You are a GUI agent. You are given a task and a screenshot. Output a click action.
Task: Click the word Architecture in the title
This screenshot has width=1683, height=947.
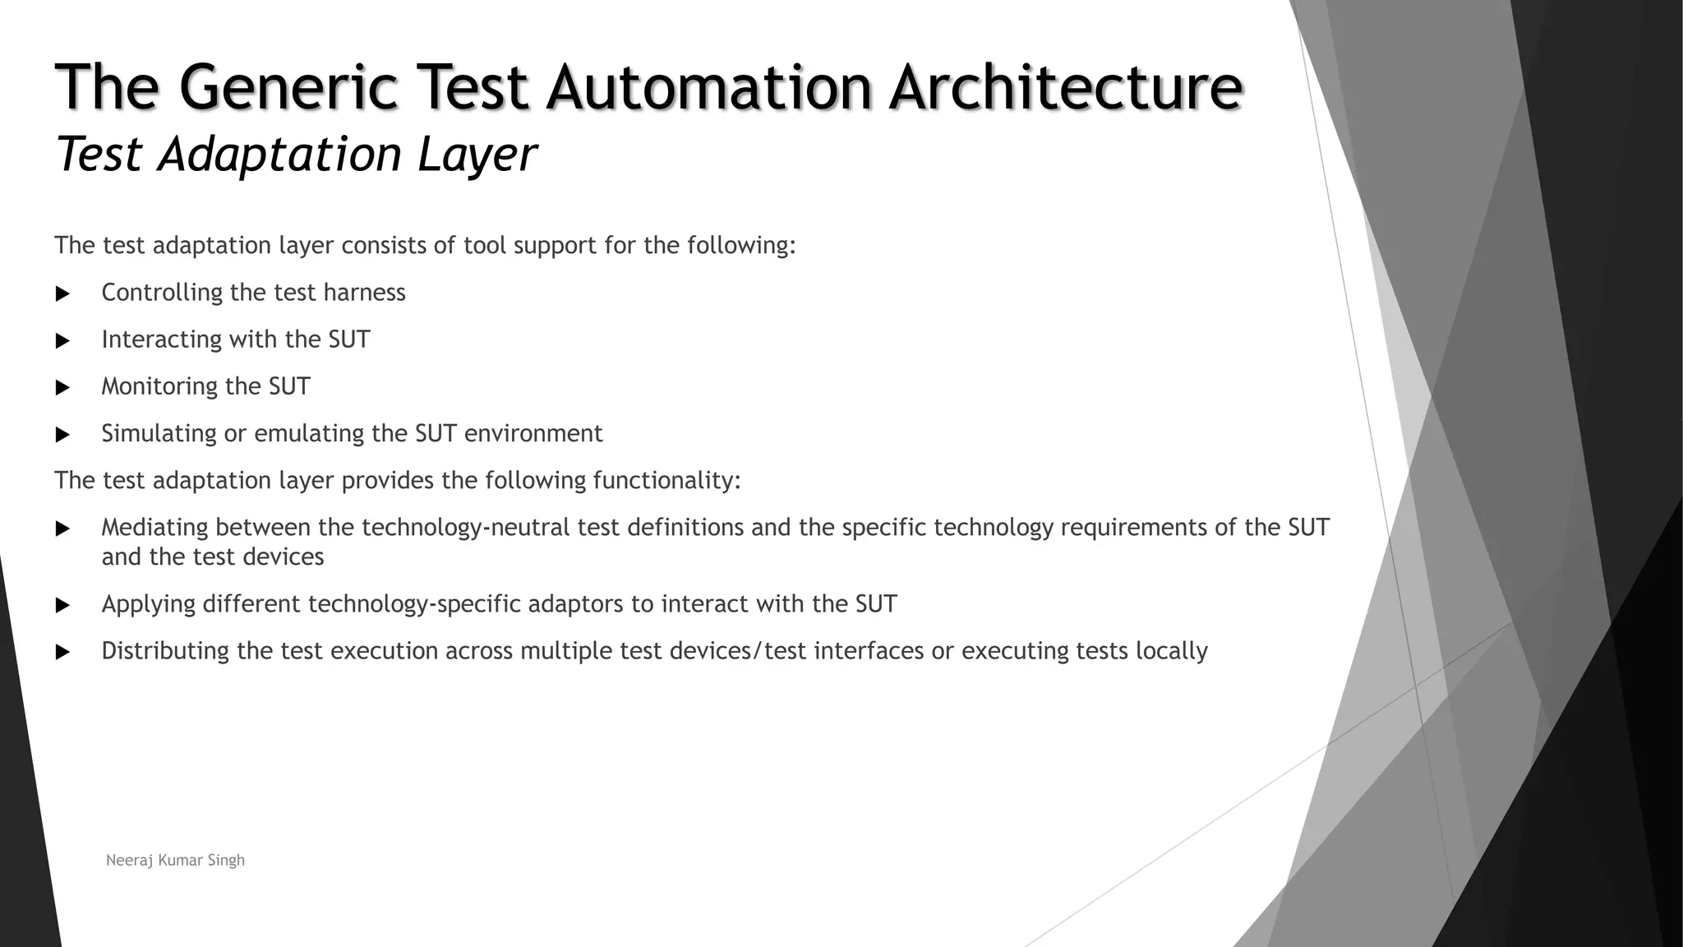point(1066,87)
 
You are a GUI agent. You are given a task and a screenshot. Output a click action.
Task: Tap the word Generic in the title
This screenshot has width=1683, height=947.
point(287,87)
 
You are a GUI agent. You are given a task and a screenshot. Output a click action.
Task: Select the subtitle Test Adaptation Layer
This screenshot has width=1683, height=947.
point(296,154)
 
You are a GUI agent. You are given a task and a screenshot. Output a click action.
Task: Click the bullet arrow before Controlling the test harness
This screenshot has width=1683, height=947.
point(62,293)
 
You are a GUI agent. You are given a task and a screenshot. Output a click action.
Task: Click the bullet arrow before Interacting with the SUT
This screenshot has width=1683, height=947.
point(62,340)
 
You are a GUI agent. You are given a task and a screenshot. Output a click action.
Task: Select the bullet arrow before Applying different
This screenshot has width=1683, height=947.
point(62,606)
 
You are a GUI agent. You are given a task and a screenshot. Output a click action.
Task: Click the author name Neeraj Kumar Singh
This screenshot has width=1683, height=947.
point(175,861)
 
